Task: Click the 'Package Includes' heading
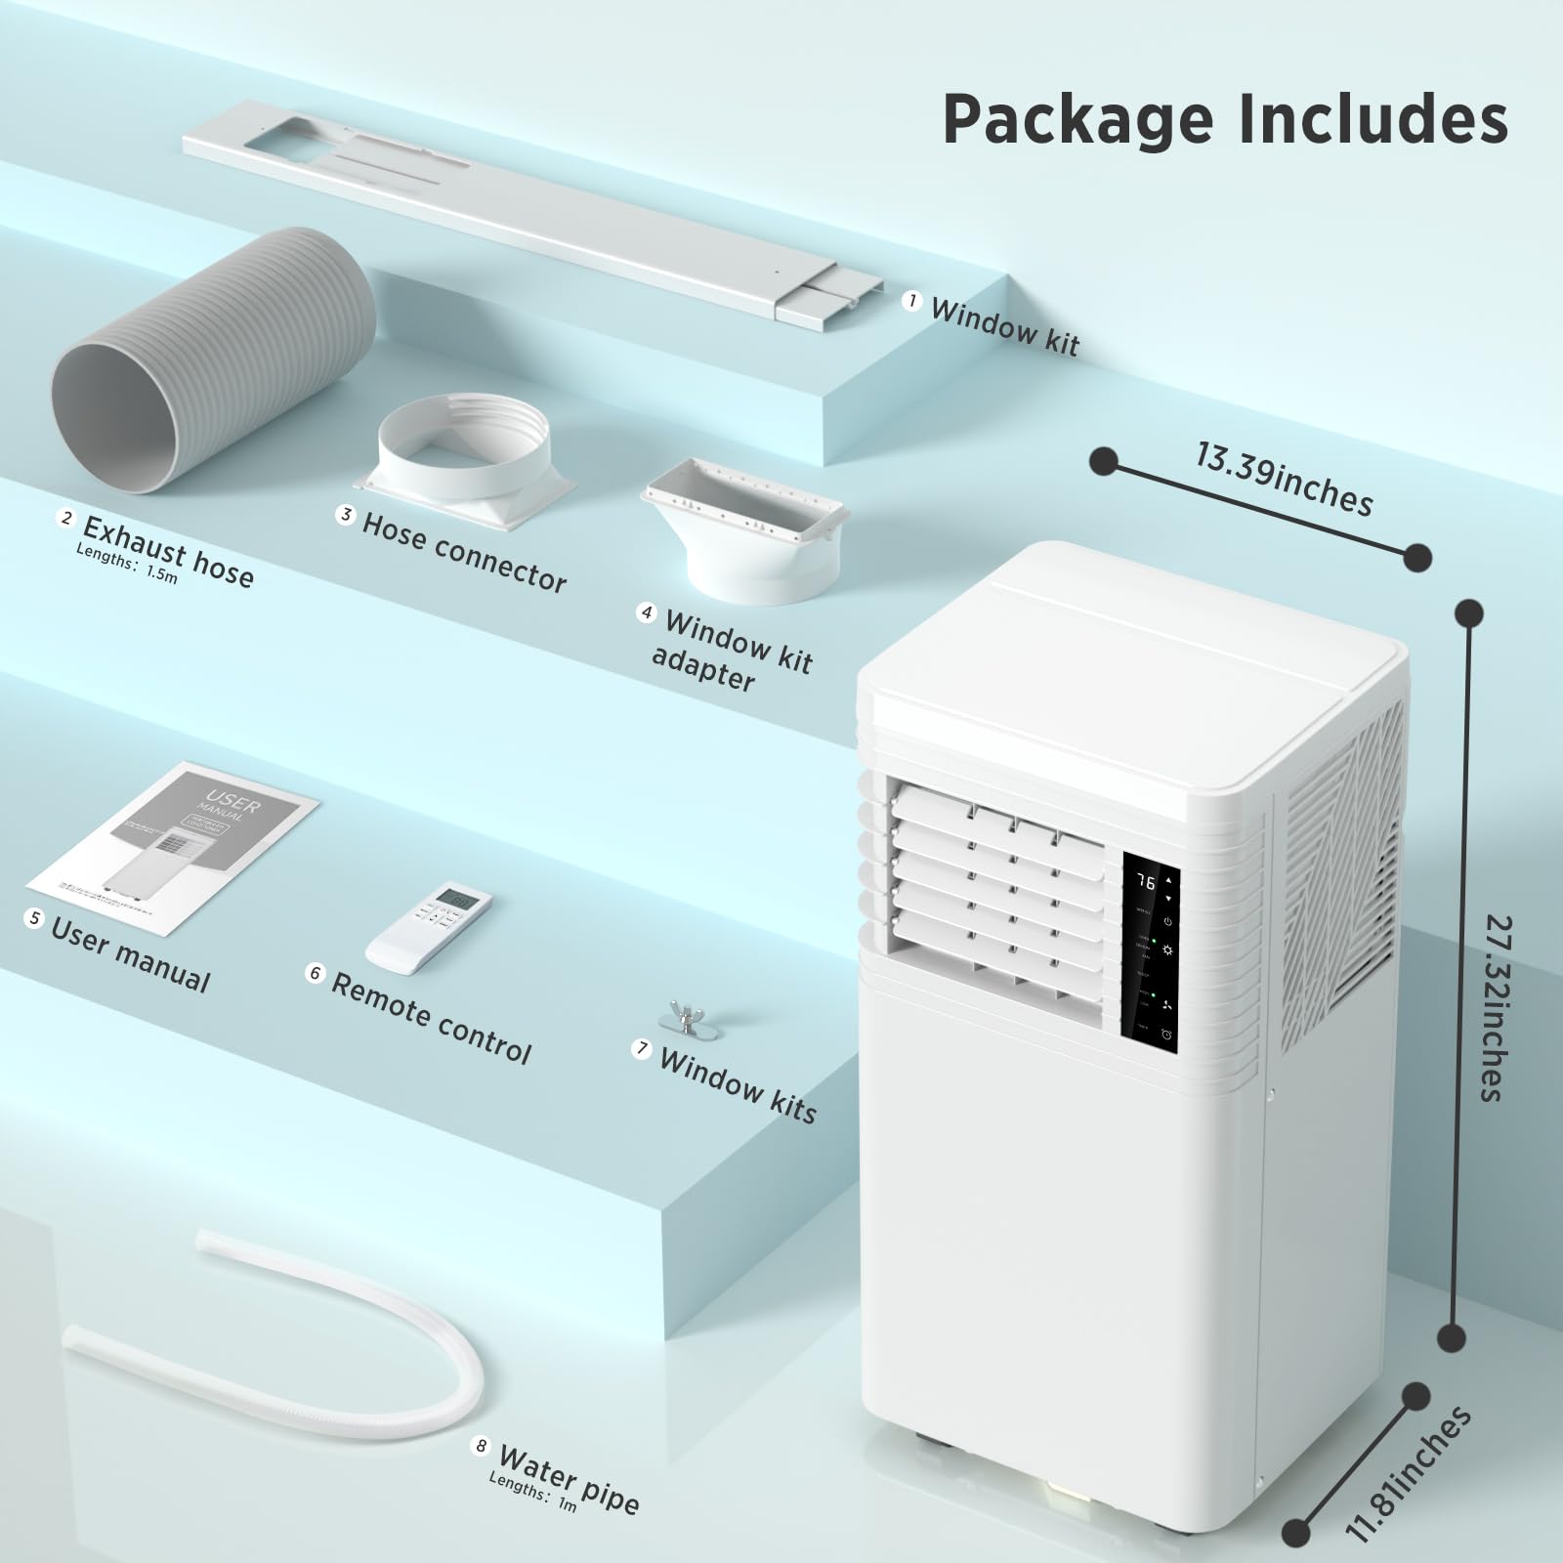(1225, 119)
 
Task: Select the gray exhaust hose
(215, 361)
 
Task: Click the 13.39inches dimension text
(1284, 479)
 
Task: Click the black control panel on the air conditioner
(1150, 953)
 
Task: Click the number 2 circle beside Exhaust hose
(66, 518)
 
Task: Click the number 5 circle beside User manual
(35, 919)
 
